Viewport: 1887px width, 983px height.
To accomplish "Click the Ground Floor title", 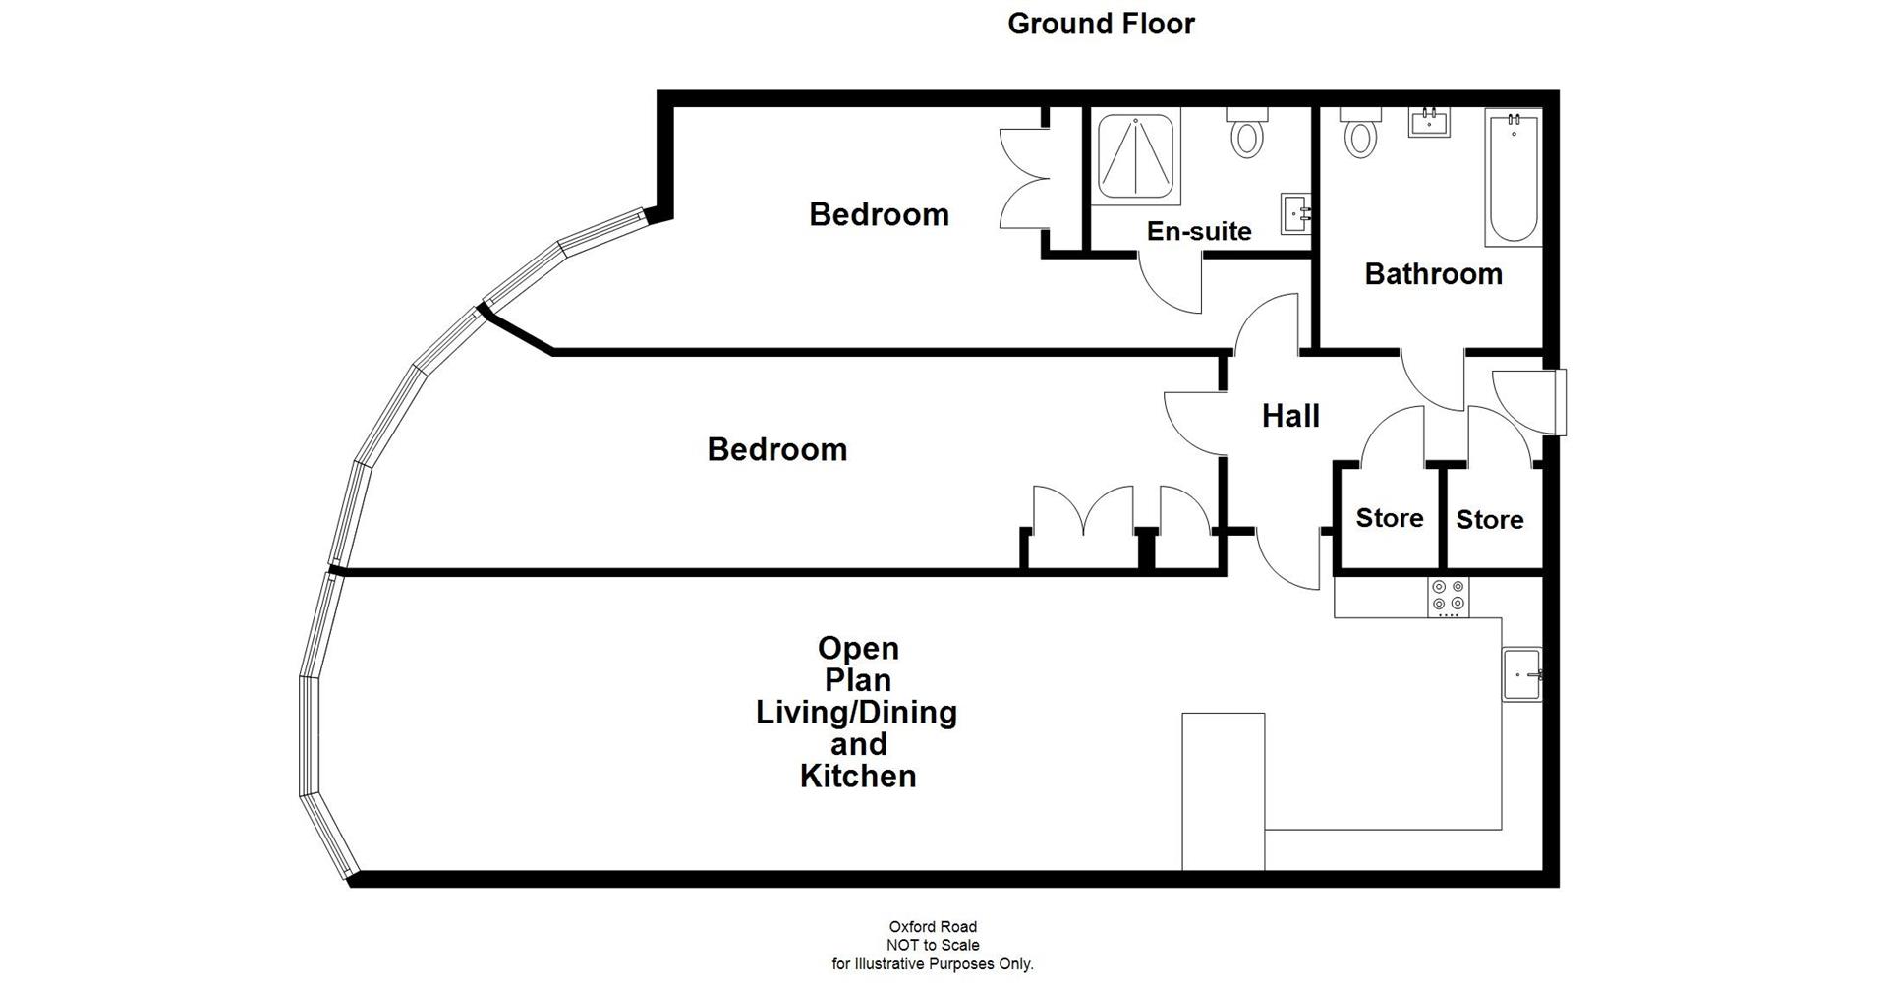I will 1101,24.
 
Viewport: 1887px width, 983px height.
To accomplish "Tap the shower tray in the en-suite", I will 1136,155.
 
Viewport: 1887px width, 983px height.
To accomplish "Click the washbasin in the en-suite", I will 1295,213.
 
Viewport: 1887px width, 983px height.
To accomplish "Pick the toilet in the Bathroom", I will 1360,135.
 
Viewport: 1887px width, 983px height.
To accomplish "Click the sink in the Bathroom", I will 1430,123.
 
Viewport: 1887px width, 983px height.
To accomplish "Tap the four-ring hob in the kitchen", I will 1449,597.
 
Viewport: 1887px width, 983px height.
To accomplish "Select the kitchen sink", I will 1521,674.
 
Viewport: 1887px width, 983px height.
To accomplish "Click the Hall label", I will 1290,416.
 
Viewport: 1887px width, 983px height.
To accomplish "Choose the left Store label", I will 1389,518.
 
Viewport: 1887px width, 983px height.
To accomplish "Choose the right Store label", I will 1489,519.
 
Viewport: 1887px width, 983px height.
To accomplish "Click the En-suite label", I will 1199,231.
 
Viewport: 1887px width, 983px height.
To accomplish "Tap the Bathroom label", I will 1433,273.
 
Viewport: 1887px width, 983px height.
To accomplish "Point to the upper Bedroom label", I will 879,214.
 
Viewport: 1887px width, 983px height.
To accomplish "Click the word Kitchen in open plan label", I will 858,776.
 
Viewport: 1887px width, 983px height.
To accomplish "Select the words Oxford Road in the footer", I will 933,926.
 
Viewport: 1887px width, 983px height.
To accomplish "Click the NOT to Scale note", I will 933,945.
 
